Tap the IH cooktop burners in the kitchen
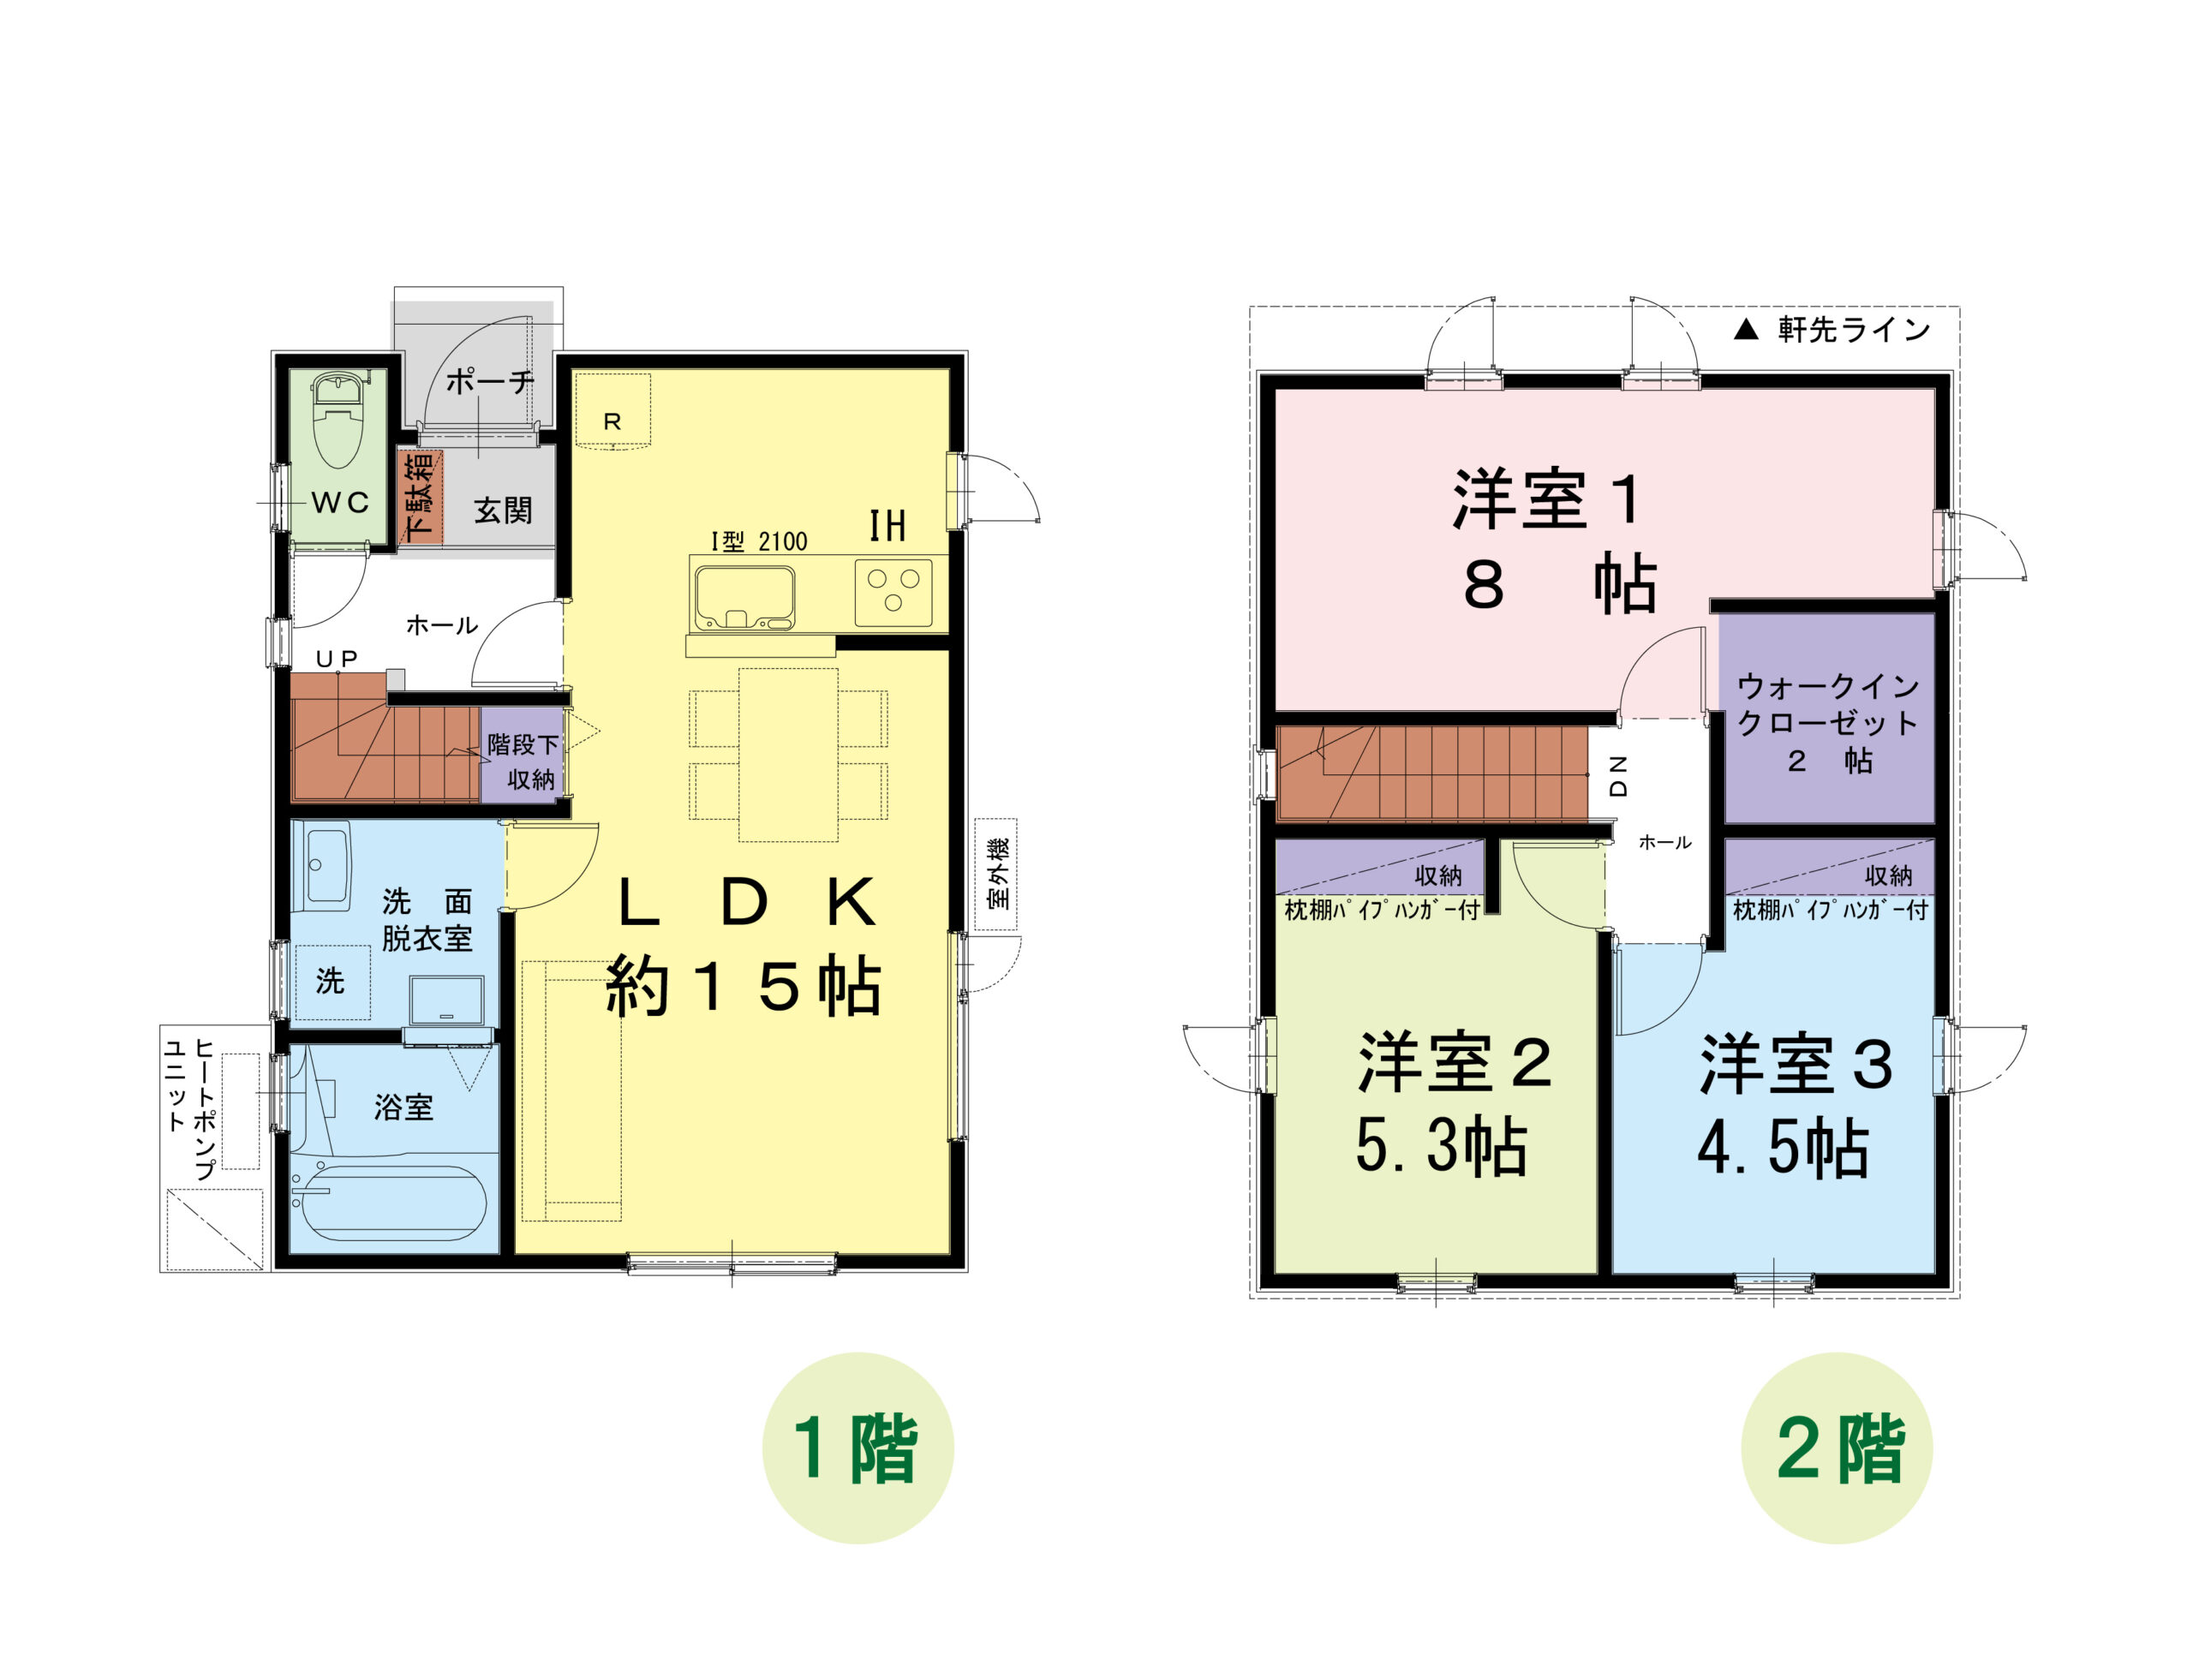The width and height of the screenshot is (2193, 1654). click(x=893, y=593)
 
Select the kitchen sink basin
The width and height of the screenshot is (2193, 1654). click(x=744, y=598)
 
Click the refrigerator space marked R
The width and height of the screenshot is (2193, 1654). click(x=612, y=411)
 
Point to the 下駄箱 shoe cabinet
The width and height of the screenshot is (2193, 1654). click(x=420, y=497)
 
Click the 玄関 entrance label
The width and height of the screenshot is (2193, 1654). click(x=503, y=511)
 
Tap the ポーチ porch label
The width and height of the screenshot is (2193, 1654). click(x=490, y=381)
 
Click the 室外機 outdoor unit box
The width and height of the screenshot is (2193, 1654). click(x=996, y=874)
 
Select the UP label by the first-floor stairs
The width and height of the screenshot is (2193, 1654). click(x=337, y=659)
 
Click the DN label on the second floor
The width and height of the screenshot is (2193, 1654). click(x=1618, y=776)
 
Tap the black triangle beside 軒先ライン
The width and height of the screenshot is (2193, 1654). click(x=1746, y=330)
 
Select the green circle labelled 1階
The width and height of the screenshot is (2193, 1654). click(x=857, y=1448)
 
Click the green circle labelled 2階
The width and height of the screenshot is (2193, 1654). click(x=1837, y=1448)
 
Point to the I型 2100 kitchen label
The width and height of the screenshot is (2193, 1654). click(x=760, y=541)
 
